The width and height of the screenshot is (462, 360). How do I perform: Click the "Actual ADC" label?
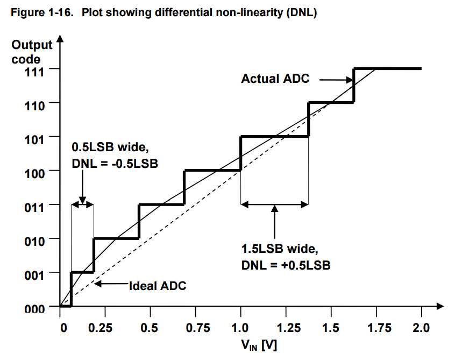click(x=275, y=79)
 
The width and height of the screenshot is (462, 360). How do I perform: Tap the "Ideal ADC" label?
click(x=157, y=286)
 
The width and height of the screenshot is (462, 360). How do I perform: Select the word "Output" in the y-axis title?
click(x=32, y=45)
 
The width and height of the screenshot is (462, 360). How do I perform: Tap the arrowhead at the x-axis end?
click(x=439, y=306)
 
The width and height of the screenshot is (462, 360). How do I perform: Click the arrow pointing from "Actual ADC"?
click(x=333, y=80)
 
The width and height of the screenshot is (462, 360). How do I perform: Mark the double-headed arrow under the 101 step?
click(x=274, y=204)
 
